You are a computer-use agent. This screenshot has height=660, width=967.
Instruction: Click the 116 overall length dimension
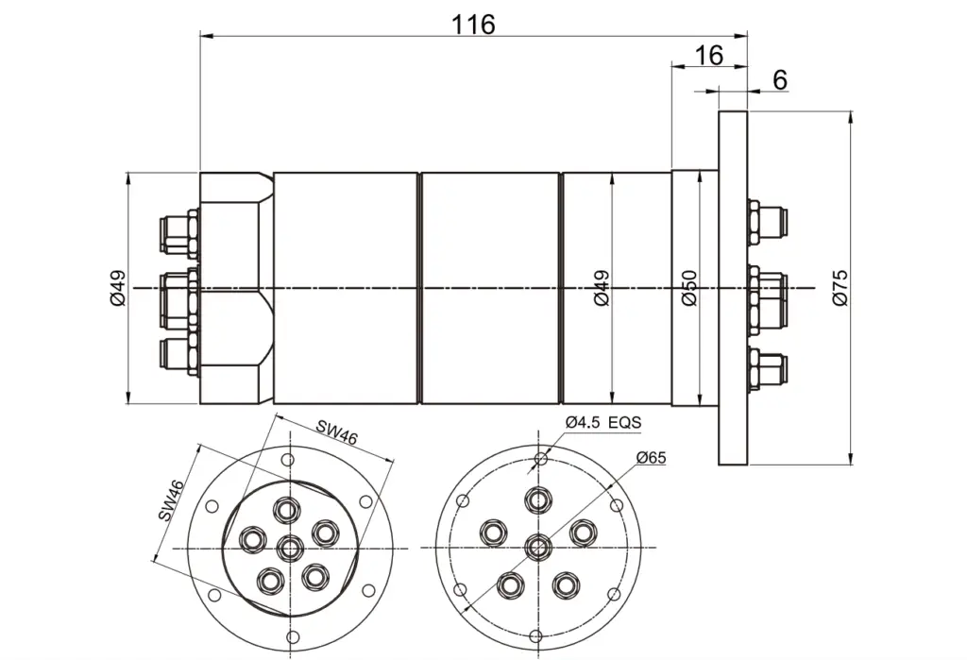coord(474,25)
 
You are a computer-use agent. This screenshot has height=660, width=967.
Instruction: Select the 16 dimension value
coord(708,56)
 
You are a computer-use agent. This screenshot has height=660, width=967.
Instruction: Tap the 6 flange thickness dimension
coord(780,80)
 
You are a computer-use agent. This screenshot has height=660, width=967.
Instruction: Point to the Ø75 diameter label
coord(840,287)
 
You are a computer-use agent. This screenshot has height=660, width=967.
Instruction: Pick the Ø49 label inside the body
coord(602,288)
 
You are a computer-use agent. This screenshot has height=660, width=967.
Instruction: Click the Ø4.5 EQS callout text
coord(603,422)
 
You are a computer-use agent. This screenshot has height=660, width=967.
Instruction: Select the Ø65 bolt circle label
coord(652,458)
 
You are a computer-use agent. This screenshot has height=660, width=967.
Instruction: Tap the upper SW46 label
coord(337,432)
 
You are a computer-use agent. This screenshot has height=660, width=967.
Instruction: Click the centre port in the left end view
coord(291,548)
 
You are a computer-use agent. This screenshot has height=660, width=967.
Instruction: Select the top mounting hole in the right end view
coord(541,458)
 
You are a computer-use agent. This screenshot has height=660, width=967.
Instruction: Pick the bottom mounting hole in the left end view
coord(294,636)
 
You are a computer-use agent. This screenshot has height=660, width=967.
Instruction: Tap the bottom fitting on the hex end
coord(179,356)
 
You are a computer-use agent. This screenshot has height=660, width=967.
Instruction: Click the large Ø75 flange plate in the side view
coord(733,288)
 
